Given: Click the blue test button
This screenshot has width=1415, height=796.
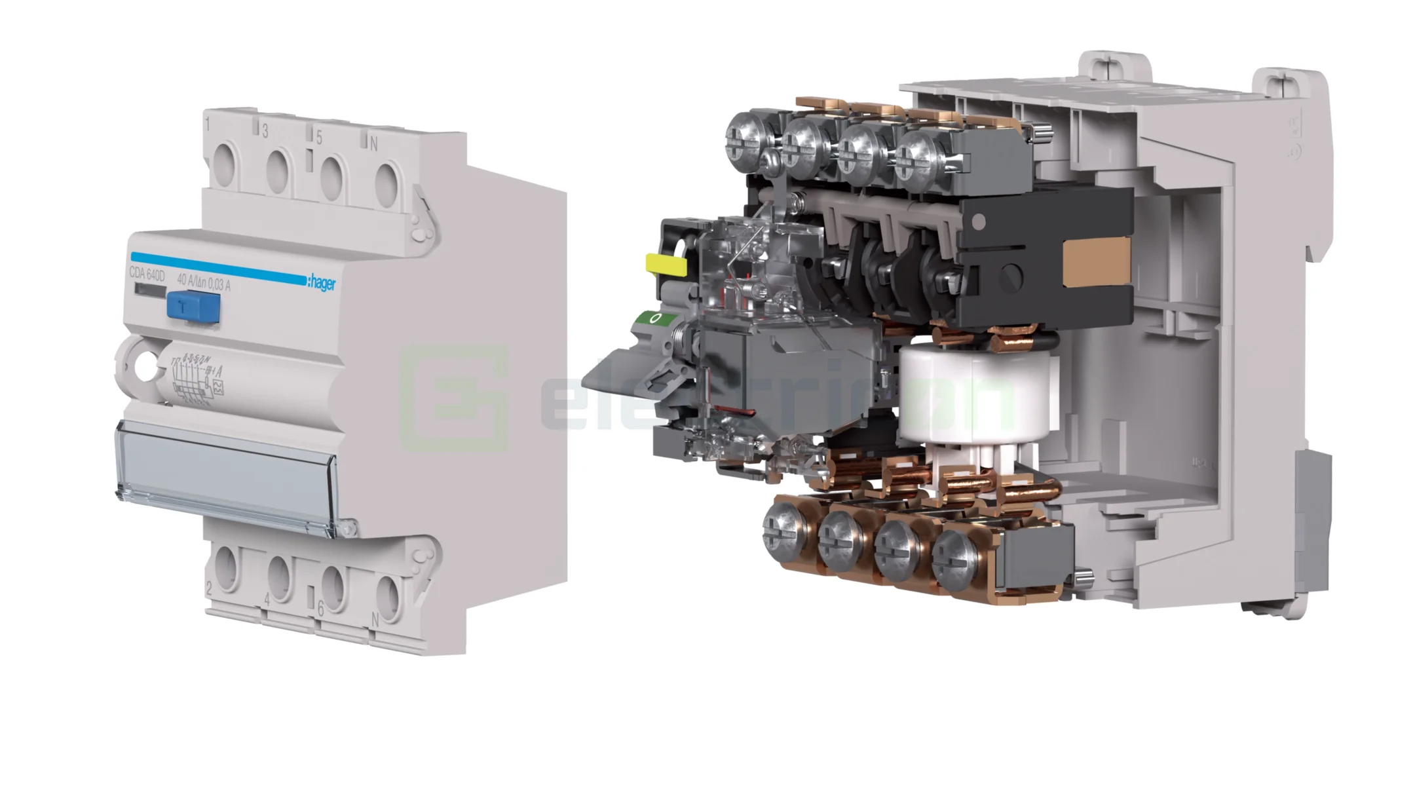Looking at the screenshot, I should tap(193, 307).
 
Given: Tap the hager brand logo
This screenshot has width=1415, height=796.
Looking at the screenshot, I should tap(322, 282).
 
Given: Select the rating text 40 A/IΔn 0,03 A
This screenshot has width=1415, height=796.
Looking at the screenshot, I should tap(204, 282).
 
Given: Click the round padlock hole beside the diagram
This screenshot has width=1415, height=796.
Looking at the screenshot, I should tap(146, 366).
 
